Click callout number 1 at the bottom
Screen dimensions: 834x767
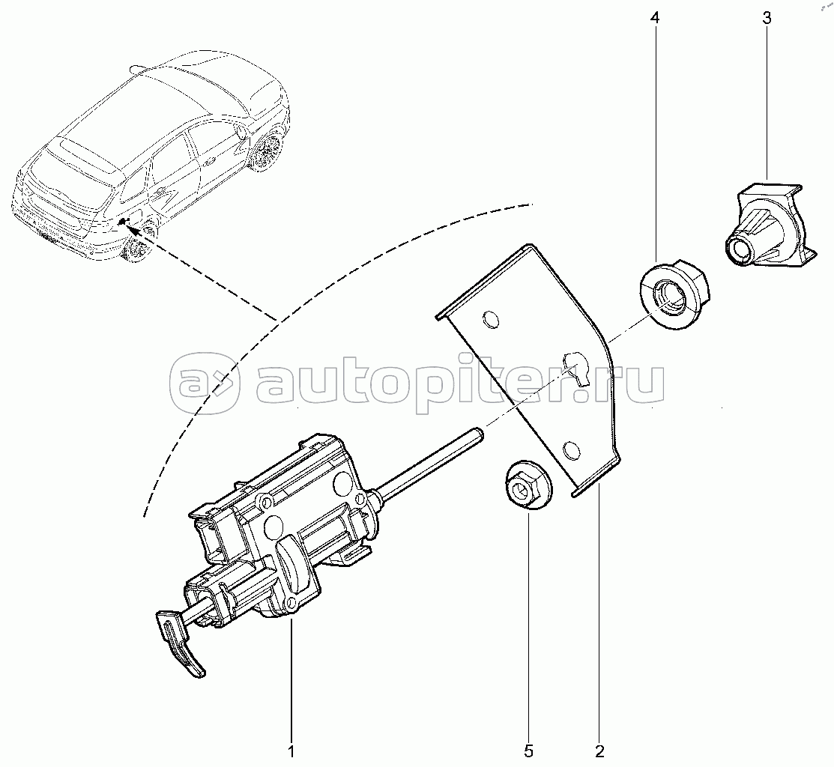tap(291, 751)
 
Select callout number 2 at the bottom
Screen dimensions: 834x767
tap(600, 751)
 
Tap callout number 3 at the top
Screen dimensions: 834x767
tap(767, 18)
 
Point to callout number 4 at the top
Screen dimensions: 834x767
tap(655, 18)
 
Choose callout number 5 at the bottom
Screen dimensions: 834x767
tap(528, 751)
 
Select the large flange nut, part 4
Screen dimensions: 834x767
tap(671, 295)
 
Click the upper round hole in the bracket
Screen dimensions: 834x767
tap(490, 319)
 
